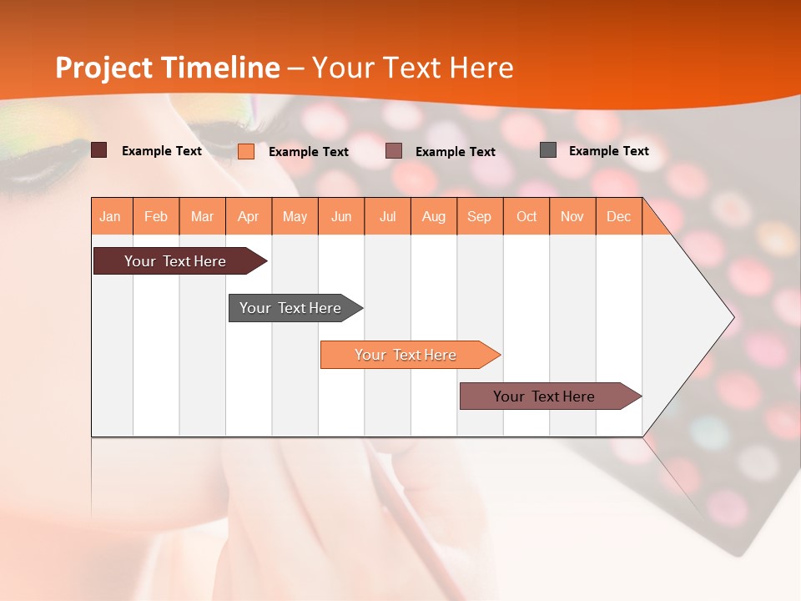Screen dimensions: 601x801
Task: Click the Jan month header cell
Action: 111,216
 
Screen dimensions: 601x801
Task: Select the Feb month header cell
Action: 156,216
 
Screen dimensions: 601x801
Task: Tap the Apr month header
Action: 249,216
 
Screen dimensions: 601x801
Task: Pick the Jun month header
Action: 341,216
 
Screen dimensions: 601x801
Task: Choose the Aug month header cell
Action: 434,216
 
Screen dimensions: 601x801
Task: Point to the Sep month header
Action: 480,216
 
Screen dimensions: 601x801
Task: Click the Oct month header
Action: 526,216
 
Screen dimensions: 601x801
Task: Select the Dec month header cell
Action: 619,216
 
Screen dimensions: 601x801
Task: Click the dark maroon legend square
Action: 99,150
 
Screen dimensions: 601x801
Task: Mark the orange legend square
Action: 246,151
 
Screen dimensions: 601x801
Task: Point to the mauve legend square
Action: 394,151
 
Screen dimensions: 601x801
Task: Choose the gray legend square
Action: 548,150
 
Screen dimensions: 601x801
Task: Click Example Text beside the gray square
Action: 608,151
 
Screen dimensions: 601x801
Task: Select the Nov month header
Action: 572,216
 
